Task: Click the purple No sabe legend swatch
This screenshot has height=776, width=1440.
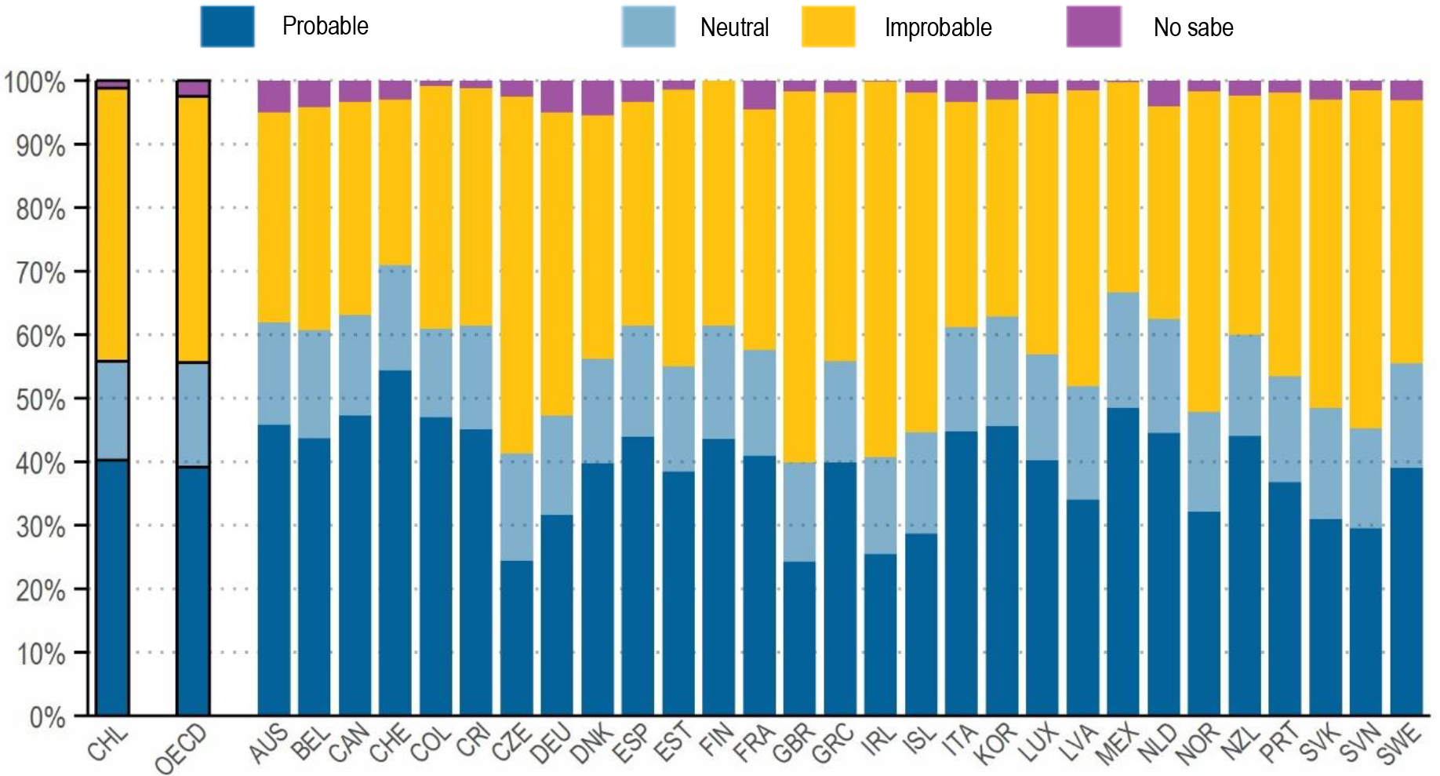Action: click(1093, 27)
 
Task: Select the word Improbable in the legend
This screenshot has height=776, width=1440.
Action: click(938, 27)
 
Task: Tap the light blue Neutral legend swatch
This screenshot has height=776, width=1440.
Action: click(649, 27)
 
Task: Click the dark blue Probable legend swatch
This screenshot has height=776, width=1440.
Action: click(227, 27)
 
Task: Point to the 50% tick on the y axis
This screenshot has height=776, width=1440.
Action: click(40, 399)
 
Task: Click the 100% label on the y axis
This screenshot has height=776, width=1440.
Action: click(35, 82)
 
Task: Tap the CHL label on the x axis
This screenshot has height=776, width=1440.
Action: click(107, 744)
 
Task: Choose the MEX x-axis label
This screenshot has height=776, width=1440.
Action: click(1117, 744)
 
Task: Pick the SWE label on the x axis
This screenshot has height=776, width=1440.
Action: click(1399, 744)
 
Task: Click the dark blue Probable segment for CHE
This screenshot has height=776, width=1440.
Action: click(395, 541)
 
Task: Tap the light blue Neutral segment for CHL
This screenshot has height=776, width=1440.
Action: click(112, 410)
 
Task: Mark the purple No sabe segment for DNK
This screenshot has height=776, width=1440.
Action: click(598, 98)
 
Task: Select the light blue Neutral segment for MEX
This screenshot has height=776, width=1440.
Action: click(1123, 350)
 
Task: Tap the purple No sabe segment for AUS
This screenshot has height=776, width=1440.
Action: click(274, 97)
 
